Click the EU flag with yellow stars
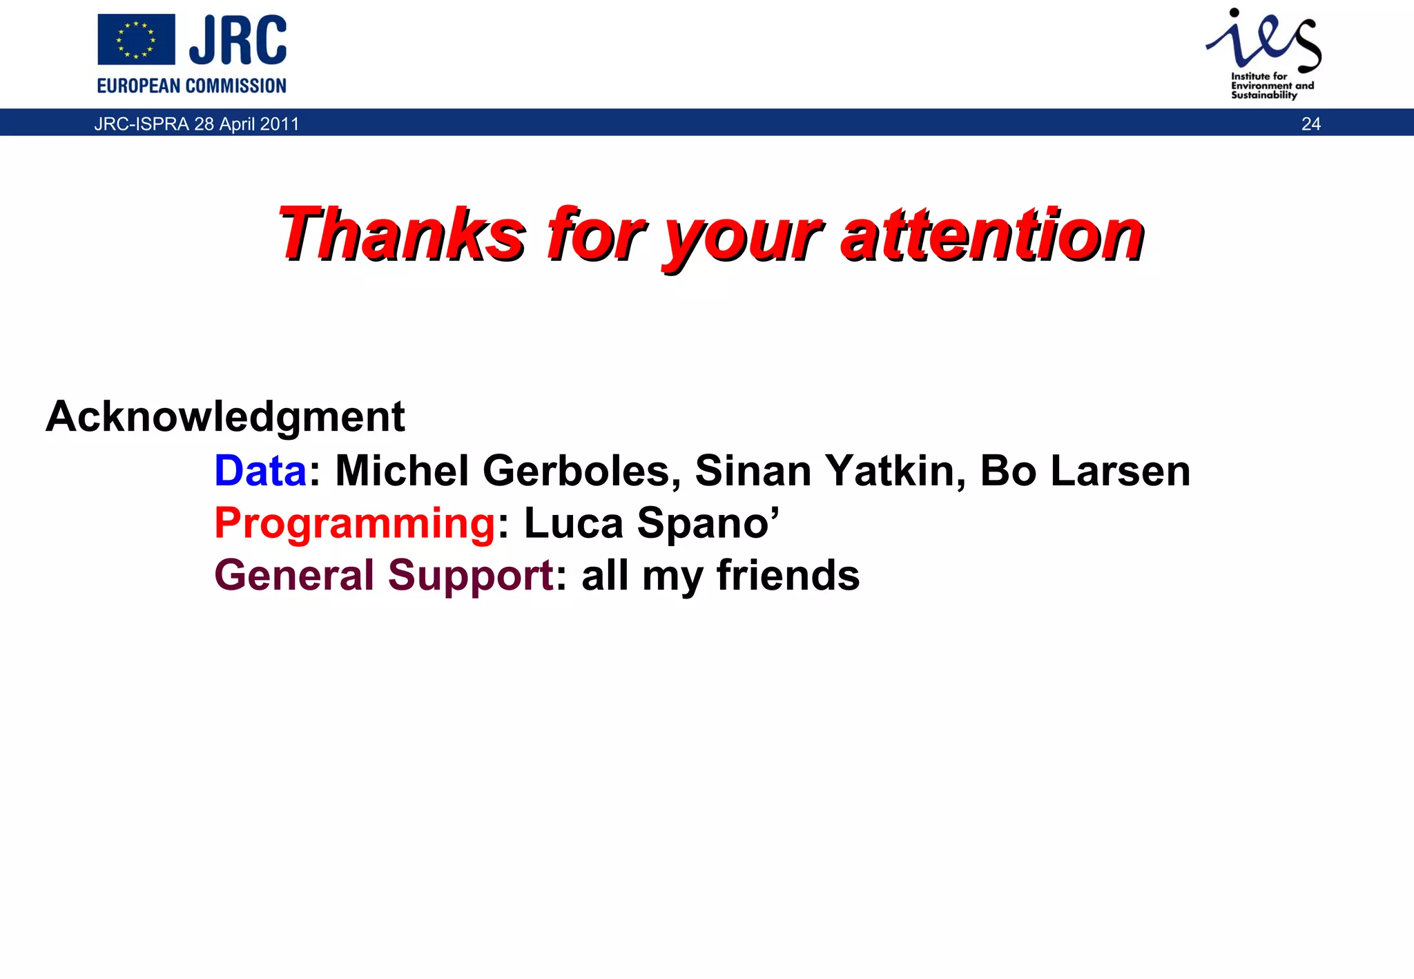136,40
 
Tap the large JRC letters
238,40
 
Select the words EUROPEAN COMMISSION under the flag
191,86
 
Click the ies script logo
1263,40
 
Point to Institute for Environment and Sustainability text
1272,86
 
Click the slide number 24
1310,124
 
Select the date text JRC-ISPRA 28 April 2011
197,124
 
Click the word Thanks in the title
402,234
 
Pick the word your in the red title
742,238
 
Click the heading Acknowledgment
225,417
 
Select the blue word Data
260,471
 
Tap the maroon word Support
470,575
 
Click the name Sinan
753,471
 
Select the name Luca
573,523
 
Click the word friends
788,575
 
